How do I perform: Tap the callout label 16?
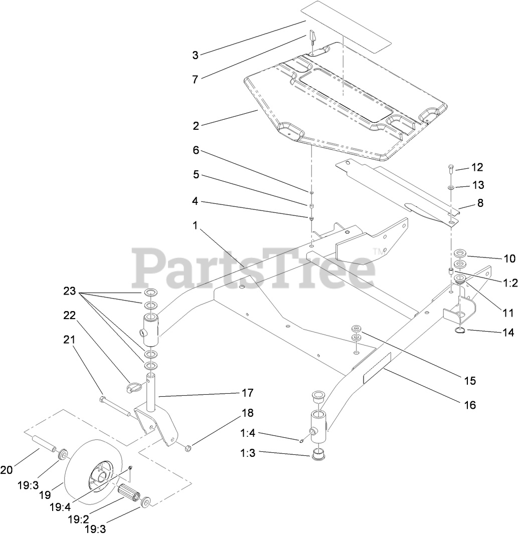point(470,404)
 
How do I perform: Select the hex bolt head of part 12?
point(450,167)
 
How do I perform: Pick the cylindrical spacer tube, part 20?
point(44,445)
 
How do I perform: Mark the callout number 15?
point(470,381)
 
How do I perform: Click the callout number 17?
point(247,393)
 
